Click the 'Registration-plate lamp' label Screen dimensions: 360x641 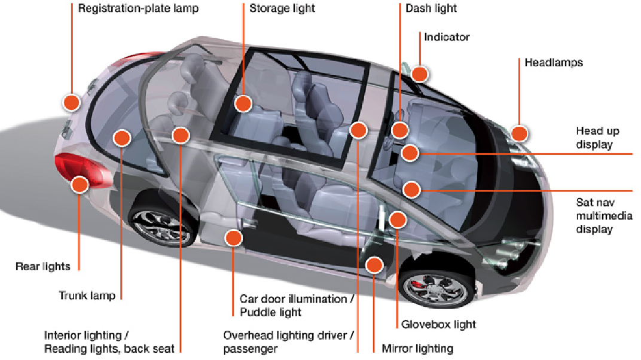138,8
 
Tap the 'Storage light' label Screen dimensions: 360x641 282,8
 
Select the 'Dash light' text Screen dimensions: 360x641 431,8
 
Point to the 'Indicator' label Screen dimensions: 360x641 447,37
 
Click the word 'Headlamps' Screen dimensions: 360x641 554,62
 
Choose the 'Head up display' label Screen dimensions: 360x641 597,138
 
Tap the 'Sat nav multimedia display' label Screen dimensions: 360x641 604,216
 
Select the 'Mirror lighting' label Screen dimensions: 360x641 417,349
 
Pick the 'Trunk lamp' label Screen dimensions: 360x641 87,295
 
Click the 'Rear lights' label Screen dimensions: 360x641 42,267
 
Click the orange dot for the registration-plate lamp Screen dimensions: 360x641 71,102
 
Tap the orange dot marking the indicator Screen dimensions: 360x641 420,74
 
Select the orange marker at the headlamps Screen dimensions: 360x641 519,133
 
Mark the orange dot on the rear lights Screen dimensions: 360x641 80,184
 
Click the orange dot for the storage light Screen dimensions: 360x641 243,103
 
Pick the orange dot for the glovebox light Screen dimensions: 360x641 398,219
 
